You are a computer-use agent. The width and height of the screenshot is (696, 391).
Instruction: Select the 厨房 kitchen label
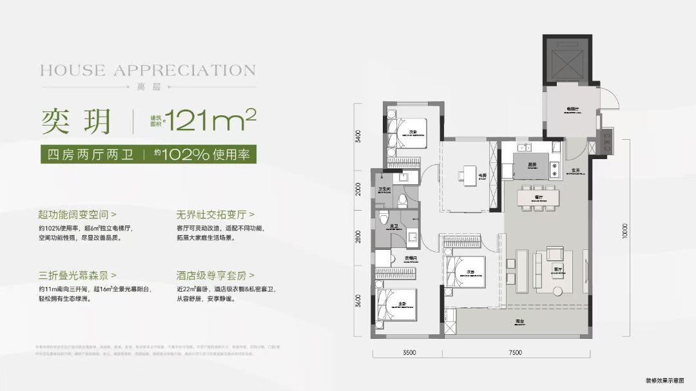tap(532, 164)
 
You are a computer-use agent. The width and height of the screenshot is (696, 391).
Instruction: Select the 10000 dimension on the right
tap(624, 231)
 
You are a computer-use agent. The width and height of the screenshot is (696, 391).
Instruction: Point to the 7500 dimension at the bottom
tap(514, 352)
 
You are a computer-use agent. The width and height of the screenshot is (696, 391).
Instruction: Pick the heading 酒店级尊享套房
tap(215, 275)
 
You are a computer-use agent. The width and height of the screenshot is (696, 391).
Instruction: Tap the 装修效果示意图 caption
tap(664, 381)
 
